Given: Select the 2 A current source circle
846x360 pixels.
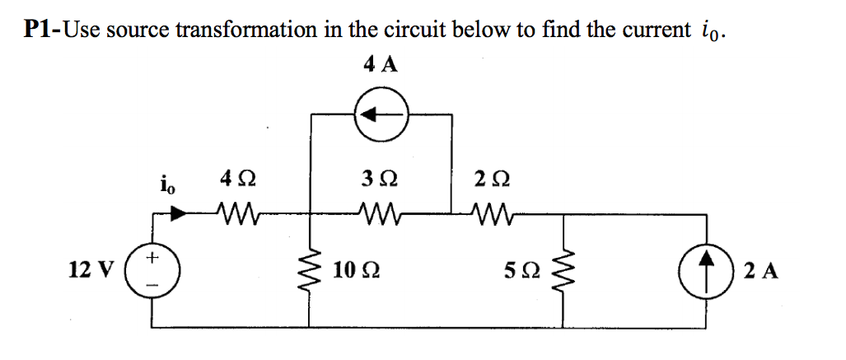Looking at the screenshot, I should [x=707, y=269].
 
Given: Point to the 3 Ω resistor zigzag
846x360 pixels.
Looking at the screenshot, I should [x=381, y=217].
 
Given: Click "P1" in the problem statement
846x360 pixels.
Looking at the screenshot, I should [x=38, y=30].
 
